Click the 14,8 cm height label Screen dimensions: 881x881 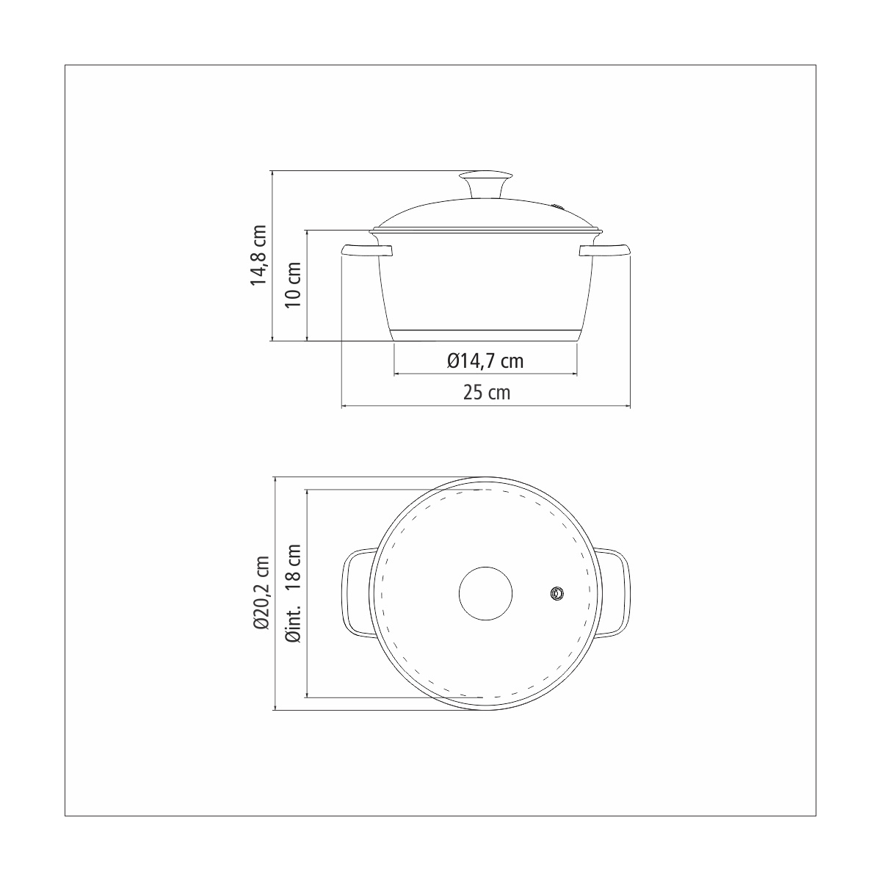258,255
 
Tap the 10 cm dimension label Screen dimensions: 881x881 294,285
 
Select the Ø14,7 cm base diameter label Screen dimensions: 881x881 485,361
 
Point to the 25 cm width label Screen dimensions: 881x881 487,392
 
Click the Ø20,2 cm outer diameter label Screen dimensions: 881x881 262,593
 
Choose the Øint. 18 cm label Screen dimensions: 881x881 294,593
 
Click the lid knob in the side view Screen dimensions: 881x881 485,184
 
